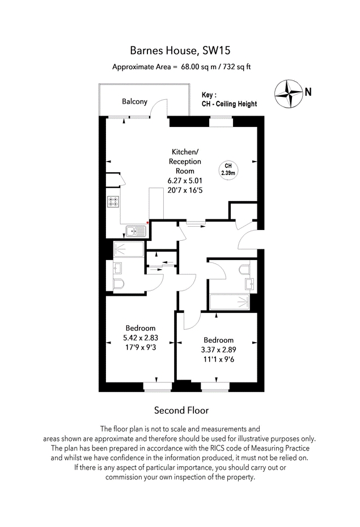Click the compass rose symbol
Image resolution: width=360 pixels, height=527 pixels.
[288, 93]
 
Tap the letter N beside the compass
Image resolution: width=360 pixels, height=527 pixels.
[308, 92]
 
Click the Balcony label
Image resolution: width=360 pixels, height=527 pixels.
[134, 101]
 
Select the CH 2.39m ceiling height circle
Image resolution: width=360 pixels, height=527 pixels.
[228, 170]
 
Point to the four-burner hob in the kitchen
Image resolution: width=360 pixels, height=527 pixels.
[113, 202]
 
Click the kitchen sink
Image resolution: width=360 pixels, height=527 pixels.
[136, 231]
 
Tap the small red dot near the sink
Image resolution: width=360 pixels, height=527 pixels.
[147, 223]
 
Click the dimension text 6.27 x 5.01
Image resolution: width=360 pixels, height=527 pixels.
[185, 181]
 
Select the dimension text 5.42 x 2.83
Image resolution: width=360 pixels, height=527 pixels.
[141, 338]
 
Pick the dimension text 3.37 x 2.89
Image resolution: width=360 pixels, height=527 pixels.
[218, 350]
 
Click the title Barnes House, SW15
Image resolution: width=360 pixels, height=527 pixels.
[180, 50]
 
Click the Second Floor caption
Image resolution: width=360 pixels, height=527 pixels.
[181, 410]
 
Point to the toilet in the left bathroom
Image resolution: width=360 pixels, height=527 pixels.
[118, 284]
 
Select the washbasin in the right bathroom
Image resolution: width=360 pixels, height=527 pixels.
[250, 284]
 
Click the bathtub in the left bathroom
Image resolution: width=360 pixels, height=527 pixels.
[129, 249]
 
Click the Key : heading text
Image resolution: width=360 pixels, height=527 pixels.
[209, 95]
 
